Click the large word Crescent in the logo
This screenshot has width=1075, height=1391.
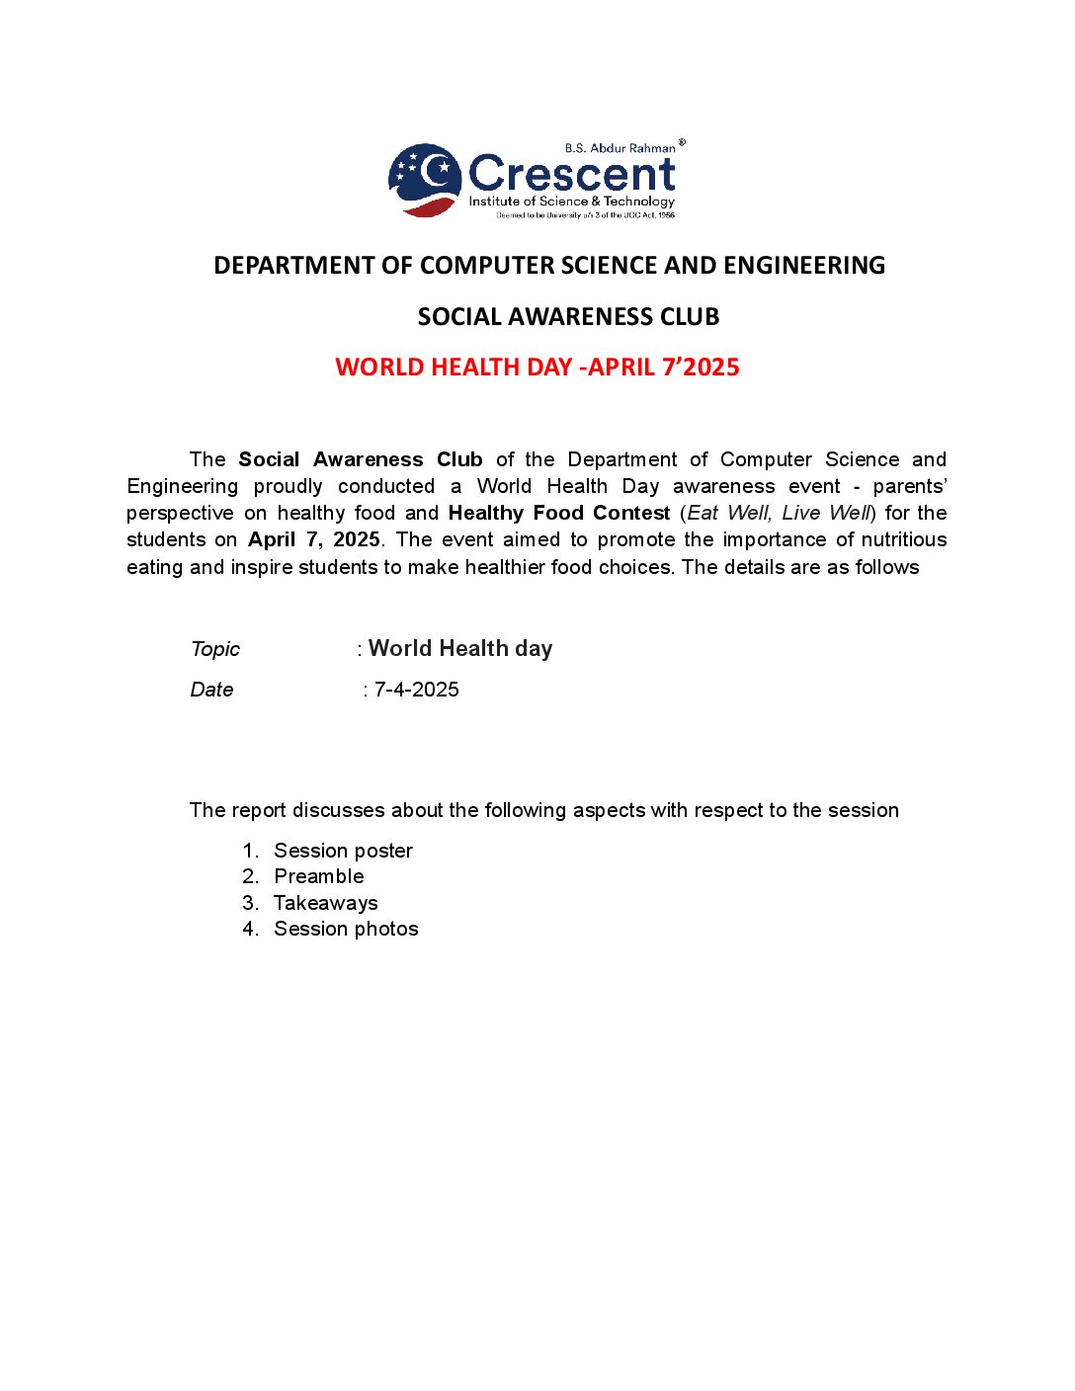coord(571,174)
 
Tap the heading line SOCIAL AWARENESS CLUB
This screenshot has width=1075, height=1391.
coord(568,316)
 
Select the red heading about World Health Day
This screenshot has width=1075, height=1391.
coord(537,367)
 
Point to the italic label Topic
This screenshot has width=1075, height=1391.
coord(215,649)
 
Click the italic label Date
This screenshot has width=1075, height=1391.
coord(211,690)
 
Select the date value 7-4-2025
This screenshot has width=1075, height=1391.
coord(416,690)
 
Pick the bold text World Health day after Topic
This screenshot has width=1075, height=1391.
coord(460,648)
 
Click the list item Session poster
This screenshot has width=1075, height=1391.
coord(343,851)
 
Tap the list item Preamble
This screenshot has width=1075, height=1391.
coord(318,876)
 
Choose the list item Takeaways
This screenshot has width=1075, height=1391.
coord(325,903)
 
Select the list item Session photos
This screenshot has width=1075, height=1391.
coord(346,929)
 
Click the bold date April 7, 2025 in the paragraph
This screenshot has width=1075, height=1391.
coord(314,539)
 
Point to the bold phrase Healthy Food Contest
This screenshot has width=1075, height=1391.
coord(559,513)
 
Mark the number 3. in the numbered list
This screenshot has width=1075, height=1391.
coord(251,903)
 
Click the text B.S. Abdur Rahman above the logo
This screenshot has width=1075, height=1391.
coord(620,148)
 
